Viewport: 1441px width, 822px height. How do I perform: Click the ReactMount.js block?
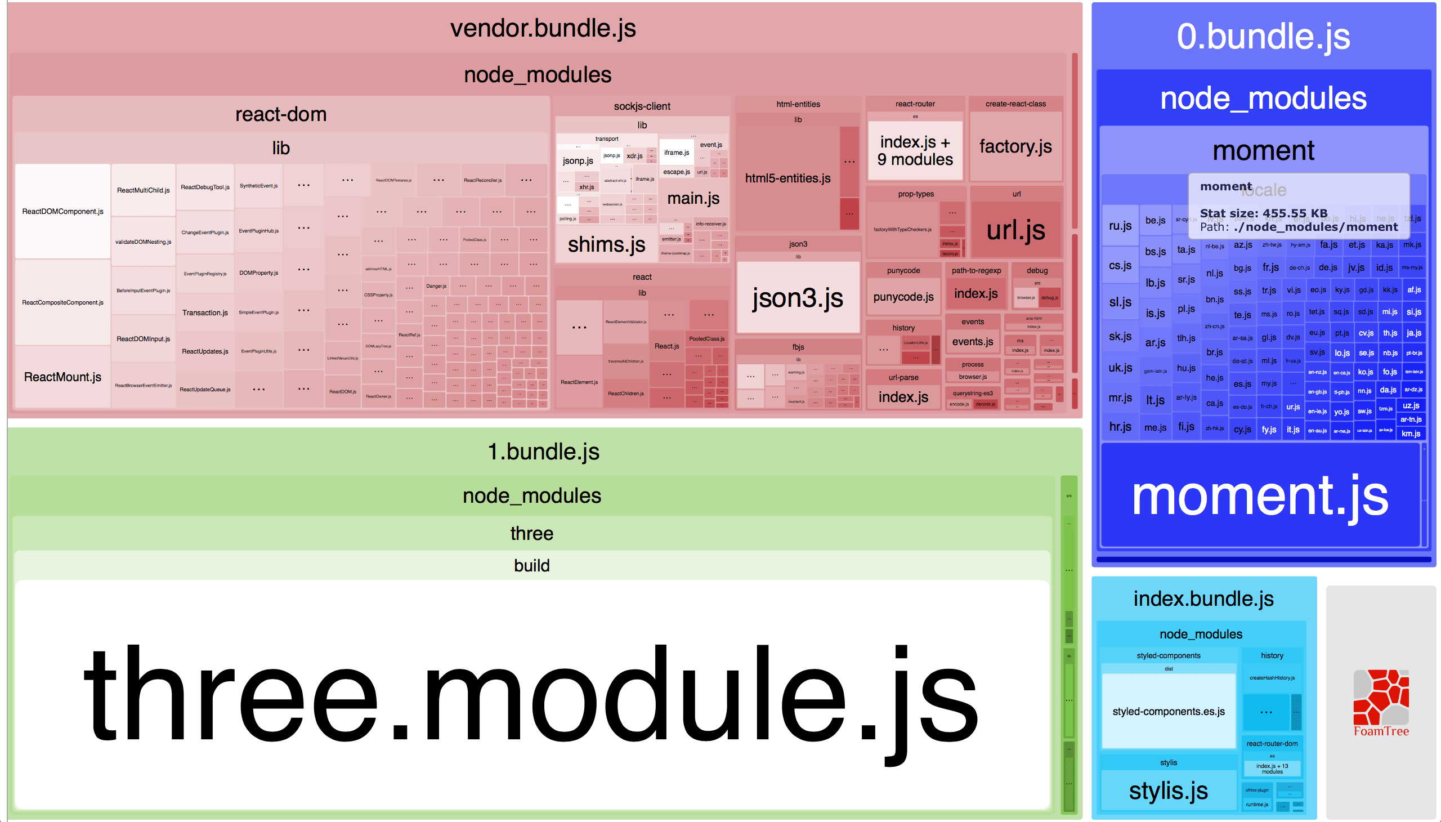(62, 377)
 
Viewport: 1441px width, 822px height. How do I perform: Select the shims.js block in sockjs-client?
(606, 244)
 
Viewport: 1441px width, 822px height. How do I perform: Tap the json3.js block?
(798, 297)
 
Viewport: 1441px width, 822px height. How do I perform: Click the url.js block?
(1015, 230)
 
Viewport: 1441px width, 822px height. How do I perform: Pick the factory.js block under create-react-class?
(1015, 146)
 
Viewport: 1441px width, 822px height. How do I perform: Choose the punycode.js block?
(903, 296)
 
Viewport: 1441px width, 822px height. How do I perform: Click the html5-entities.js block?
(787, 178)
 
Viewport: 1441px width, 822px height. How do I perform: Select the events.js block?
(972, 342)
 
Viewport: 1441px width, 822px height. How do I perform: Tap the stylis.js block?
(1168, 790)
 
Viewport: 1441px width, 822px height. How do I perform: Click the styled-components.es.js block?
(1168, 711)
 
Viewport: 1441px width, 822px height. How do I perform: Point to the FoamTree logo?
(1381, 703)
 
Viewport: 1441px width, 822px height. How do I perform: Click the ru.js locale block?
(1120, 226)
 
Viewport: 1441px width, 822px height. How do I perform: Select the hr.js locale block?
(1120, 427)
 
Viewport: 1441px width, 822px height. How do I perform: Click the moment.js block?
(1260, 495)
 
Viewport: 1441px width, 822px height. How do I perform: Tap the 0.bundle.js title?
(1263, 37)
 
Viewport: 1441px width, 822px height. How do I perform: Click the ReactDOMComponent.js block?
(62, 211)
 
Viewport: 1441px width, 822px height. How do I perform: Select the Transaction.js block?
(205, 313)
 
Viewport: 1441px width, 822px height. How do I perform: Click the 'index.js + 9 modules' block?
(914, 151)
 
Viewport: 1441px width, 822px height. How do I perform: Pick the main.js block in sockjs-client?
(693, 198)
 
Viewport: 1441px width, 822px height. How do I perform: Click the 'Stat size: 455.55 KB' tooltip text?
(1263, 213)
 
